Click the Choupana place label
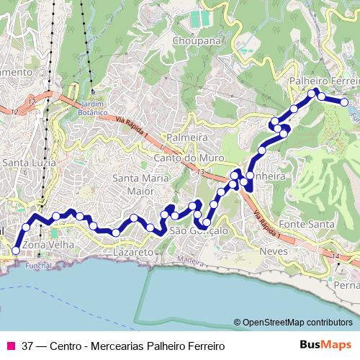click(195, 41)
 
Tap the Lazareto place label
click(133, 253)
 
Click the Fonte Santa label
click(307, 224)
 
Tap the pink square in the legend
click(10, 345)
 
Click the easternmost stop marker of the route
click(346, 102)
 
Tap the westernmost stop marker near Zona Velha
click(16, 251)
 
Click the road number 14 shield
click(336, 256)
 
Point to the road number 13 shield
click(200, 171)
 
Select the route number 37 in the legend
click(27, 346)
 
